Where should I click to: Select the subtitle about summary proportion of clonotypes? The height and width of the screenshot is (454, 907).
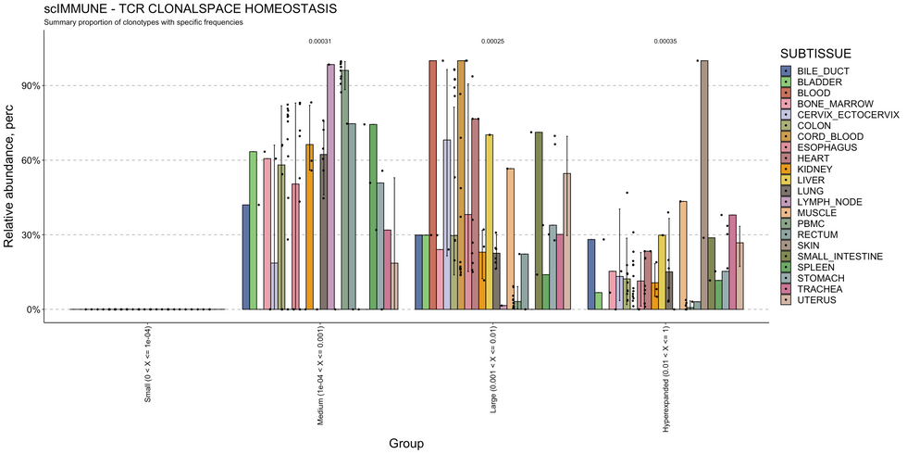(x=143, y=22)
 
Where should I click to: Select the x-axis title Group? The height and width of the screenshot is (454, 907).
(x=406, y=444)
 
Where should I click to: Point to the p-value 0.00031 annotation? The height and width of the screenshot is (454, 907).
(x=320, y=42)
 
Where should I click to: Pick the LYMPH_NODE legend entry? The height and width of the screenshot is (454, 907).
(x=820, y=201)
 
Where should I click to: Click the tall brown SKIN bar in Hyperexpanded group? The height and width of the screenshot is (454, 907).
(x=704, y=185)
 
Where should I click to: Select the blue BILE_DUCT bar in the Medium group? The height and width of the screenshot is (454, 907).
(x=246, y=257)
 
